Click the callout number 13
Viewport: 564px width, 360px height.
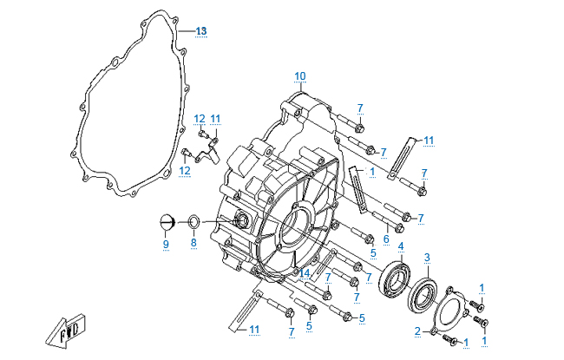coord(200,31)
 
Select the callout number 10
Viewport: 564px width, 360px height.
coord(299,76)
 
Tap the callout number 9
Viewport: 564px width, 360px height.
coord(165,245)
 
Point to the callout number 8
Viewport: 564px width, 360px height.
coord(193,244)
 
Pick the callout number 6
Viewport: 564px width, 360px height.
coord(386,239)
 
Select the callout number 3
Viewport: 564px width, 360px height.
coord(427,257)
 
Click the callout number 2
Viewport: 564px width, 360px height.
coord(417,331)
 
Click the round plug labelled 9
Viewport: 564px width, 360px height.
coord(165,222)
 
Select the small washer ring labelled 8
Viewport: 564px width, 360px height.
coord(193,223)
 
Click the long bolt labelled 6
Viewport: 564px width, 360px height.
coord(388,220)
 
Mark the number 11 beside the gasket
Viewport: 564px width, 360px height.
coord(216,118)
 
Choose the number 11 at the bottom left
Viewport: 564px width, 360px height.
coord(252,329)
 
